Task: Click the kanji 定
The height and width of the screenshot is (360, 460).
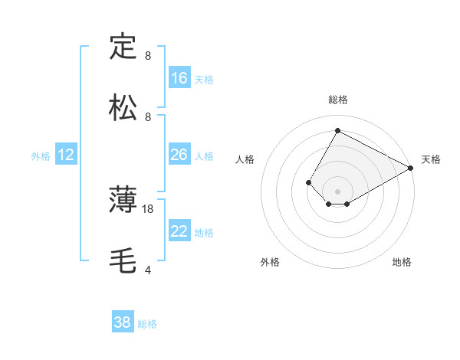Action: pyautogui.click(x=123, y=47)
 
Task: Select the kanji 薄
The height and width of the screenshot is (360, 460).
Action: pyautogui.click(x=123, y=201)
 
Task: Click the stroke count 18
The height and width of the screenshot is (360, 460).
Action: pyautogui.click(x=148, y=208)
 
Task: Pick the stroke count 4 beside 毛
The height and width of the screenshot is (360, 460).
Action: pyautogui.click(x=148, y=270)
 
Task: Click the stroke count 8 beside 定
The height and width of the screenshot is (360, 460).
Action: pyautogui.click(x=148, y=56)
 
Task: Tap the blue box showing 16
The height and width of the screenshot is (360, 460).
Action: pyautogui.click(x=179, y=78)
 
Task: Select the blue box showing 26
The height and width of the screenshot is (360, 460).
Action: pyautogui.click(x=179, y=155)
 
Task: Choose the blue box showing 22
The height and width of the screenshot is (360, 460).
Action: pyautogui.click(x=179, y=231)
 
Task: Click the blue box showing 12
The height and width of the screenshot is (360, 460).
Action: pyautogui.click(x=66, y=155)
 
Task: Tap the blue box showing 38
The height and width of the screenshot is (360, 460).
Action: pyautogui.click(x=123, y=322)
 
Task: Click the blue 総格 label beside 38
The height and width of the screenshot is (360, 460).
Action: pyautogui.click(x=147, y=324)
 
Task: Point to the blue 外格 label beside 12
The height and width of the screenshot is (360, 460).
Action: pyautogui.click(x=41, y=156)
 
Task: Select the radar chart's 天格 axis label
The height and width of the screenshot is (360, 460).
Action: pyautogui.click(x=431, y=159)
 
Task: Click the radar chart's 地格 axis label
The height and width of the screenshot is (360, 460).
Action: pyautogui.click(x=402, y=262)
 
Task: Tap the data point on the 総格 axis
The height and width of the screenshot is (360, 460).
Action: pyautogui.click(x=337, y=130)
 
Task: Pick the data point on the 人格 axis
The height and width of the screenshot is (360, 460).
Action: pyautogui.click(x=308, y=182)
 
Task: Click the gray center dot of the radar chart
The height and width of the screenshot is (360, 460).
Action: pyautogui.click(x=337, y=191)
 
